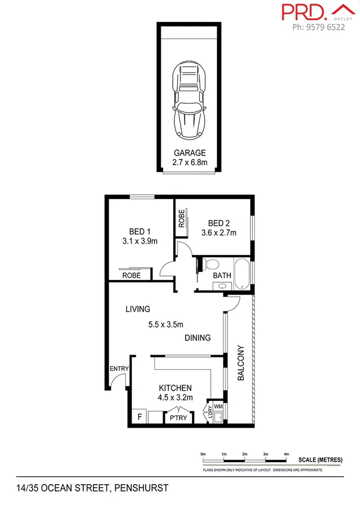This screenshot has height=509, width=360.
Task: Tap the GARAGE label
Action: tap(190, 153)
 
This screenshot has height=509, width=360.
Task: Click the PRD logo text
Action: tap(303, 12)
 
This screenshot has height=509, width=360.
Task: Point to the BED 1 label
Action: tap(140, 231)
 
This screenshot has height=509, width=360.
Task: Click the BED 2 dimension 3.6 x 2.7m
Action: tap(218, 232)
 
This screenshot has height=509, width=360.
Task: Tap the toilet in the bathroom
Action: tap(212, 264)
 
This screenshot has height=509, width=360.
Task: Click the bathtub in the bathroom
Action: tap(242, 273)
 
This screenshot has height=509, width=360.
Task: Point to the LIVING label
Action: tap(138, 309)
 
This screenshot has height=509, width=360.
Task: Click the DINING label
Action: tap(198, 338)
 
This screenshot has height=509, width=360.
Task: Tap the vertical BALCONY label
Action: tap(241, 363)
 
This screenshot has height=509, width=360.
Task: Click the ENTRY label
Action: tap(119, 369)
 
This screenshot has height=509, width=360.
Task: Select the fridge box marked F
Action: tap(139, 417)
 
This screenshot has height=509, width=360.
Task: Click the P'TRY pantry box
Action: tap(179, 418)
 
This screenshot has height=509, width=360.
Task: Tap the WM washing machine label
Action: tap(218, 407)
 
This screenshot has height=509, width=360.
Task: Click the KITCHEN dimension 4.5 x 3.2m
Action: tap(175, 398)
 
